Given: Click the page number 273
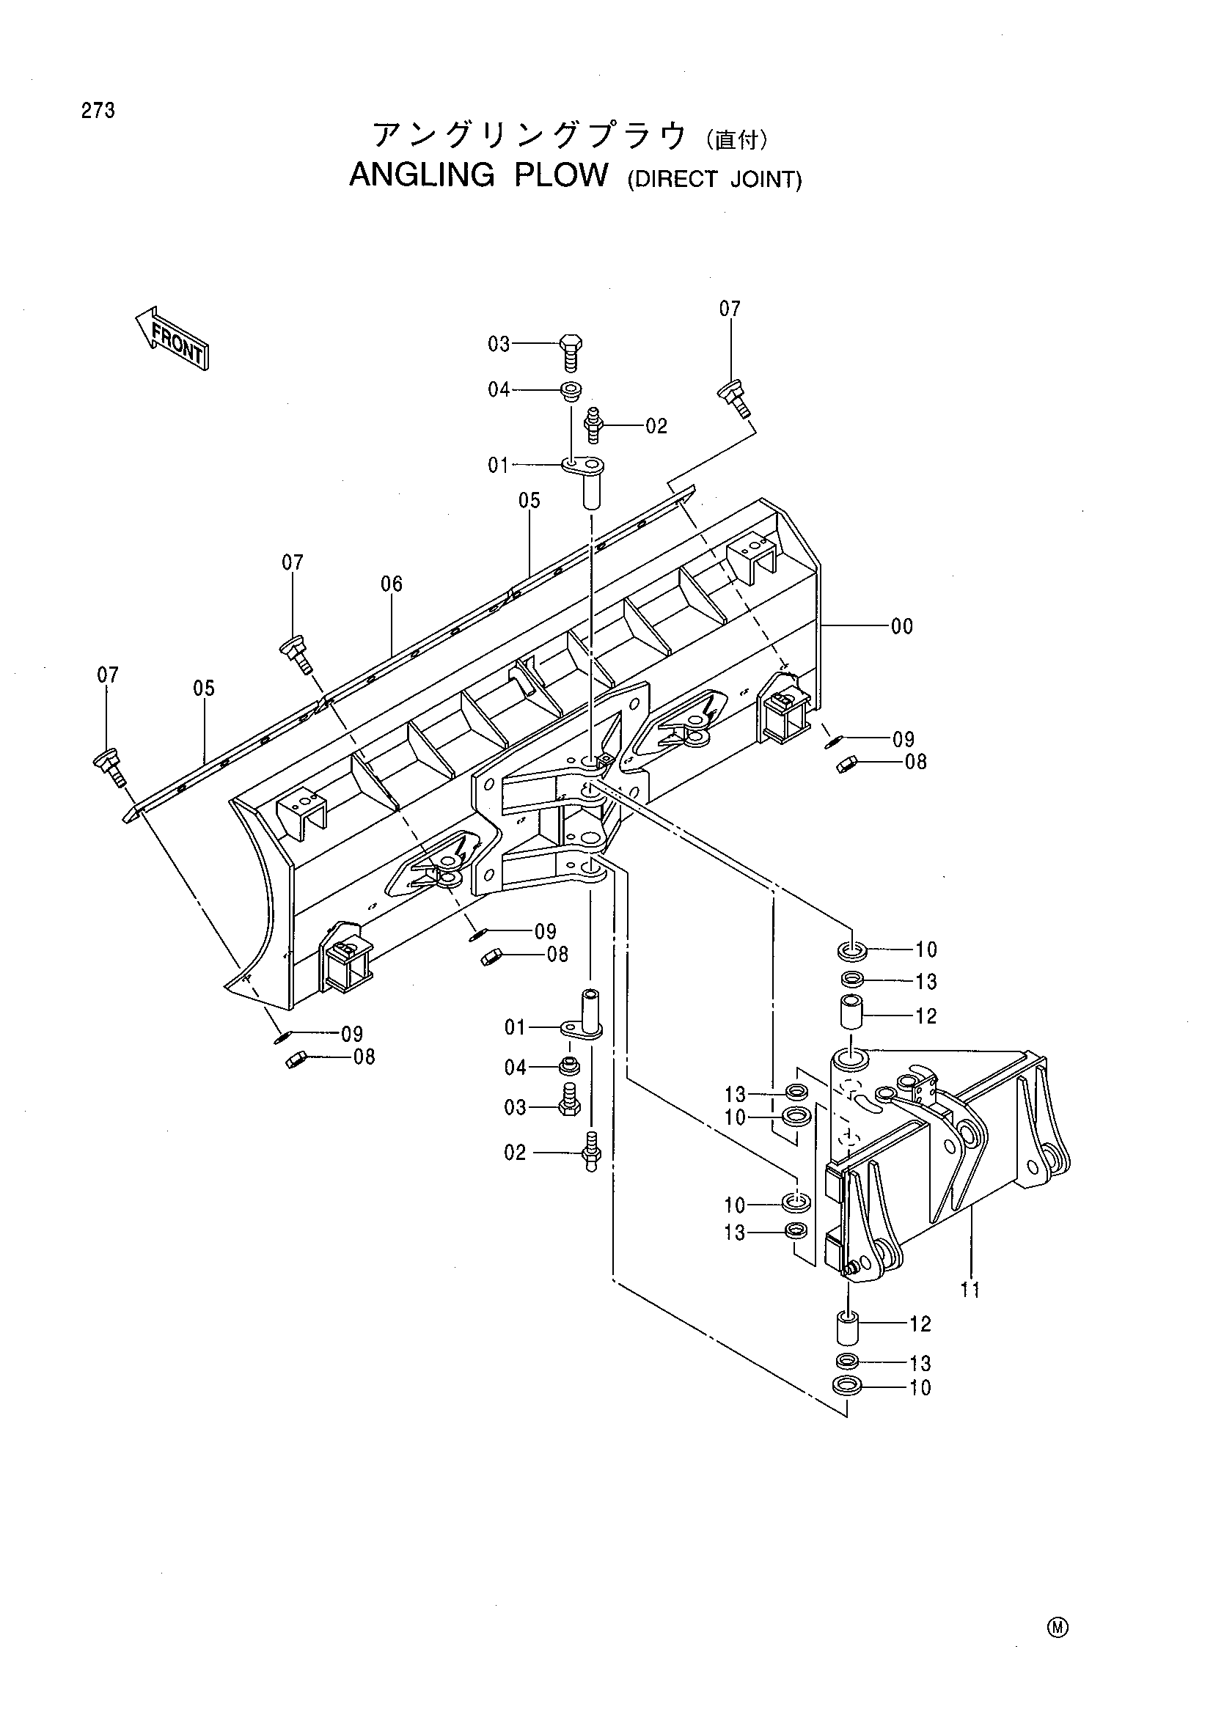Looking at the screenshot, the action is click(98, 111).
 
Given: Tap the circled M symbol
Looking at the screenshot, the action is click(1058, 1628).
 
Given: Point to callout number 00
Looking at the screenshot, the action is click(901, 627).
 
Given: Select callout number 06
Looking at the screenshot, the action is click(392, 584).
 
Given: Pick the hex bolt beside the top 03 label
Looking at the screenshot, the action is click(571, 353).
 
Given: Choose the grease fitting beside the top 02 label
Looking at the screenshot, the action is click(595, 425).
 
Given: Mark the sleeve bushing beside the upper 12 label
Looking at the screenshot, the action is click(853, 1012).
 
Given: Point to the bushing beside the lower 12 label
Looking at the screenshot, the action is click(847, 1327).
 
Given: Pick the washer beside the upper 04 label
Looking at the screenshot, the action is click(571, 391).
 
